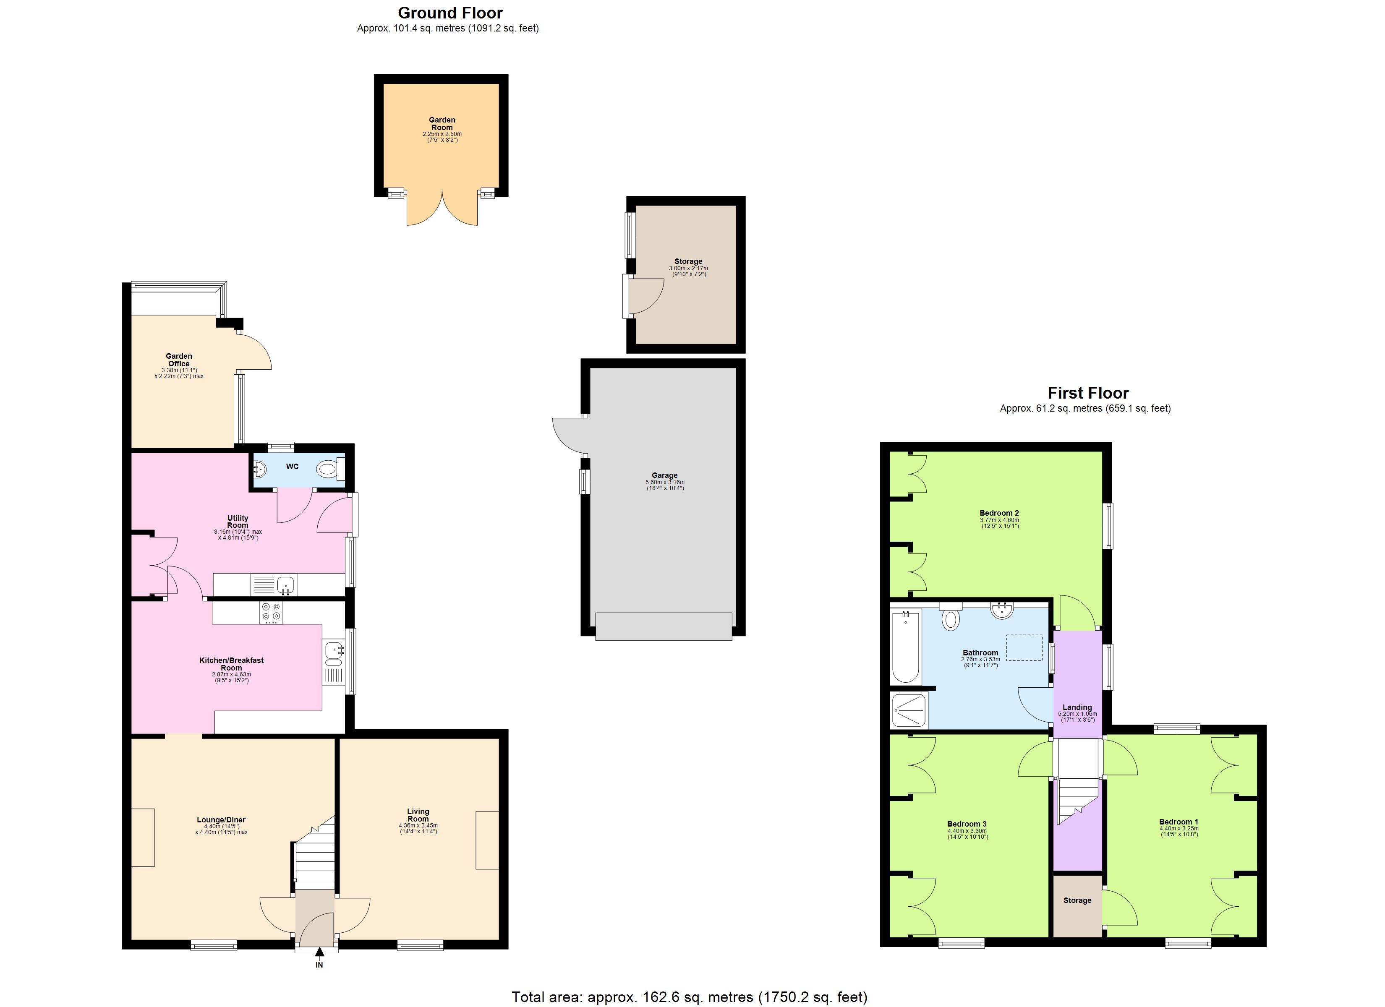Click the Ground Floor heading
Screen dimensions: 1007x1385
coord(450,13)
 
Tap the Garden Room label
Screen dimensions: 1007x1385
coord(442,124)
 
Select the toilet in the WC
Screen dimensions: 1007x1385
coord(327,470)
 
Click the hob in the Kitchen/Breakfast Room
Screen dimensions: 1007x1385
coord(271,613)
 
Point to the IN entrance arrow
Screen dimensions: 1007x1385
coord(319,952)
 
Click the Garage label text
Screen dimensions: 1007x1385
coord(664,475)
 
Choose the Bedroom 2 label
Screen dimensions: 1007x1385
coord(999,513)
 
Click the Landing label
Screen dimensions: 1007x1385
coord(1077,707)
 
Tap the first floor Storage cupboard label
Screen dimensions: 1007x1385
coord(1077,900)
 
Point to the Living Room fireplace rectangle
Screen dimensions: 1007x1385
coord(487,840)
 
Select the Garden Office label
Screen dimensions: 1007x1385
coord(179,360)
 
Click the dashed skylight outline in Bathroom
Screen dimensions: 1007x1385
coord(1024,648)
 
